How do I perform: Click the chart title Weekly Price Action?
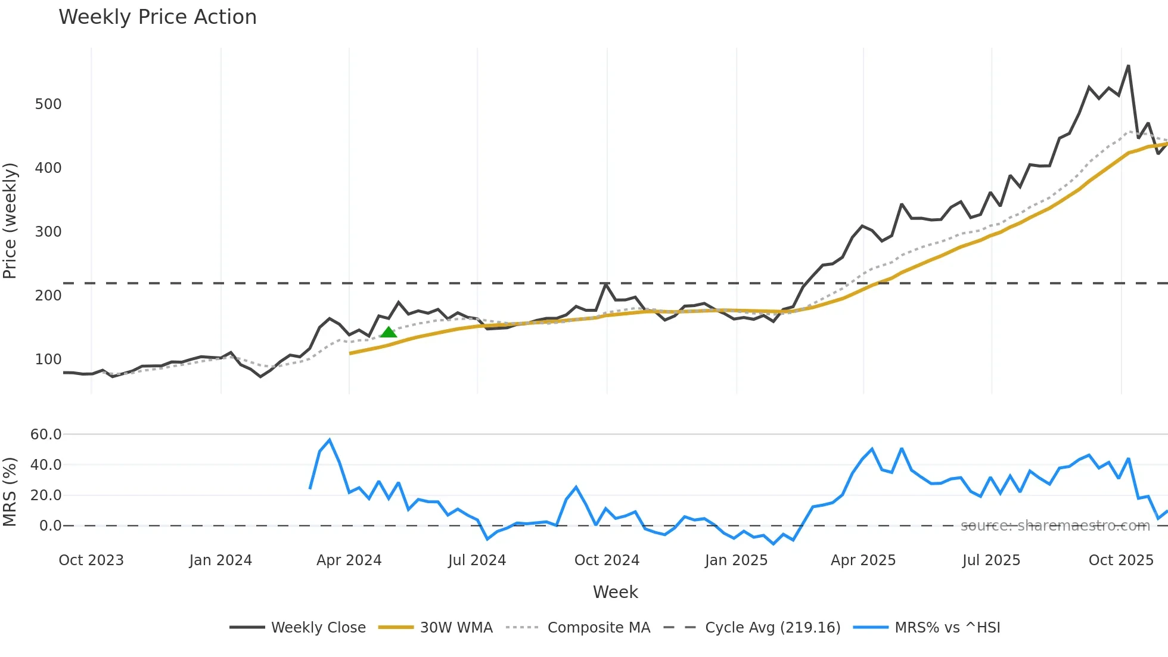point(157,17)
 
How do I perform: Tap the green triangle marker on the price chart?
point(389,332)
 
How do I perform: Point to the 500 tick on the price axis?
point(48,104)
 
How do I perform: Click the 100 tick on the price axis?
point(48,360)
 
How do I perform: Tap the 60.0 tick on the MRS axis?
point(46,435)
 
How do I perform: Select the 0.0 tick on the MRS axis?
point(50,526)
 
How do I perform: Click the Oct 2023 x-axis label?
point(91,560)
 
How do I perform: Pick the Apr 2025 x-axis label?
point(863,560)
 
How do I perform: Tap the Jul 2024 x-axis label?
point(477,560)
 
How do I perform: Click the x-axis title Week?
point(615,592)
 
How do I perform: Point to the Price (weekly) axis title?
point(10,221)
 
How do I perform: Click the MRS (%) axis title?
point(10,492)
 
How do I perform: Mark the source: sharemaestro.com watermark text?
point(1055,526)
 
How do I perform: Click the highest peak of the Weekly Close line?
point(1128,66)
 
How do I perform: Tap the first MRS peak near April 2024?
point(330,440)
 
